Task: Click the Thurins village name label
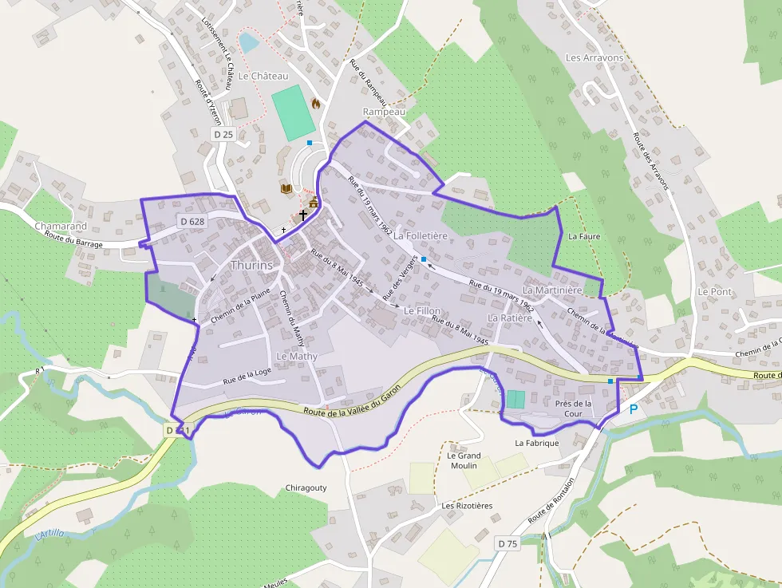coord(251,265)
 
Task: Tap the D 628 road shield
coord(192,221)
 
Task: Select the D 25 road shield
coord(223,135)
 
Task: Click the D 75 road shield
coord(508,543)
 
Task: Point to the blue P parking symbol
coord(634,409)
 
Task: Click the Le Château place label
coord(262,76)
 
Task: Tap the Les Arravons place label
coord(594,58)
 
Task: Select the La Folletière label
coord(421,236)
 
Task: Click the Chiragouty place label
coord(306,487)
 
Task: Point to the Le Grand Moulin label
coord(464,460)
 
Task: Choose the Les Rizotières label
coord(467,506)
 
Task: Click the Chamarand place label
coord(61,227)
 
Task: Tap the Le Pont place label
coord(714,292)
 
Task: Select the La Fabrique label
coord(537,443)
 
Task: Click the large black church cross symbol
coord(303,215)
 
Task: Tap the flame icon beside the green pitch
coord(316,104)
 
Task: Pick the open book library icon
coord(286,188)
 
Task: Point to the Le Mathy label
coord(297,356)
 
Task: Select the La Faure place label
coord(583,237)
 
